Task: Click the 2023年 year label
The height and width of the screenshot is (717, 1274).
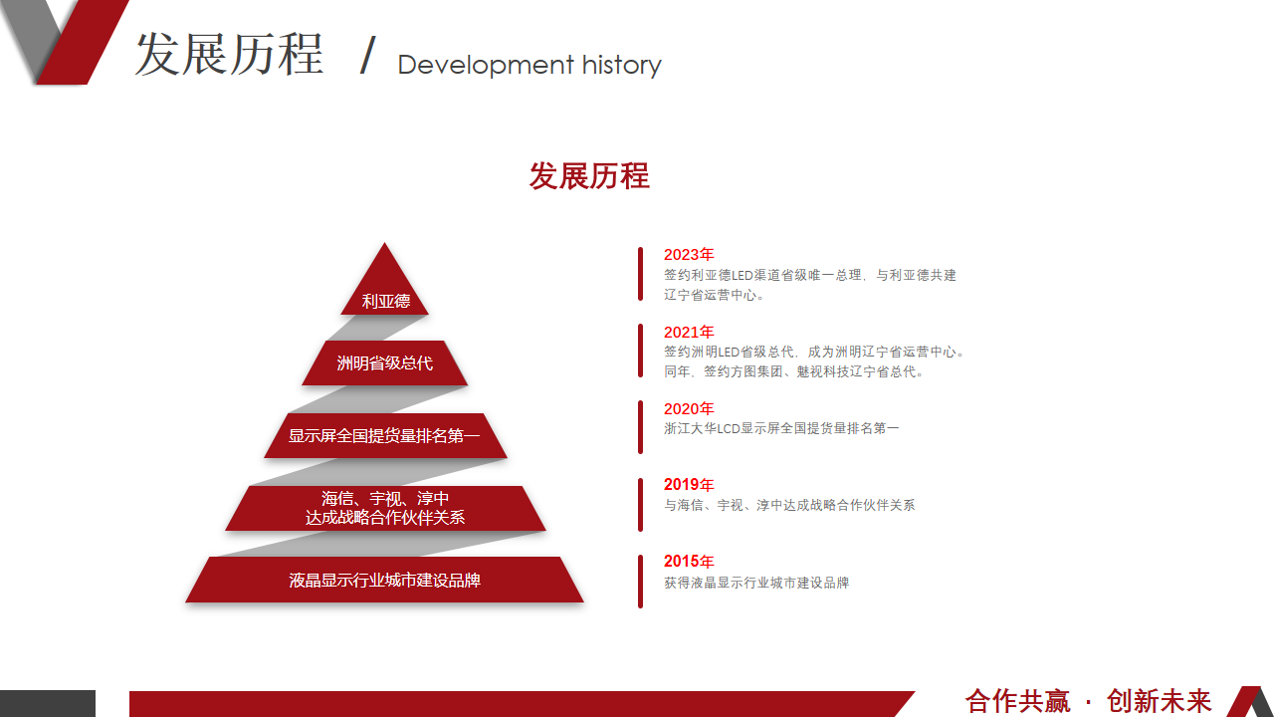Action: [x=689, y=254]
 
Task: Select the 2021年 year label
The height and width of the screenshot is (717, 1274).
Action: [x=689, y=332]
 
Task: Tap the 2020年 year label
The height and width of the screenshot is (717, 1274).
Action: [x=689, y=408]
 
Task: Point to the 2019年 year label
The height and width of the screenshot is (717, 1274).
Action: [x=689, y=485]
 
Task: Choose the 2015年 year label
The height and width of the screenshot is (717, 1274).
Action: [x=689, y=562]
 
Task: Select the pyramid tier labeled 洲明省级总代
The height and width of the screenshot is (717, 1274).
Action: [x=385, y=363]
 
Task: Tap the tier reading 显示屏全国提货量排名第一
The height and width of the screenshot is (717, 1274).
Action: [x=385, y=436]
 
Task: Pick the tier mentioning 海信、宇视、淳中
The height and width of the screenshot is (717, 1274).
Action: [x=385, y=508]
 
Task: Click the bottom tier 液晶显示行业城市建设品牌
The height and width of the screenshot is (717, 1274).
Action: [x=385, y=580]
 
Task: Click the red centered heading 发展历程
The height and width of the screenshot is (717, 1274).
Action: [x=589, y=176]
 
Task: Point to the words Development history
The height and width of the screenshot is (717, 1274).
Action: [x=530, y=66]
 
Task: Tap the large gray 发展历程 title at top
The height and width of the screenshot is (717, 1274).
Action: [x=229, y=54]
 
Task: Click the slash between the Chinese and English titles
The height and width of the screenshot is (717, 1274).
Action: [x=368, y=55]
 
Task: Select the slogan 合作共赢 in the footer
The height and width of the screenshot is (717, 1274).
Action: [x=1017, y=701]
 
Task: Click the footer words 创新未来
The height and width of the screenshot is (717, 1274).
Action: [x=1159, y=701]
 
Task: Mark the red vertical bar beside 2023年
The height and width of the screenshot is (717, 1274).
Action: [x=640, y=274]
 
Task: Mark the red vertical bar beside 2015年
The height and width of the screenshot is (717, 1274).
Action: [x=640, y=582]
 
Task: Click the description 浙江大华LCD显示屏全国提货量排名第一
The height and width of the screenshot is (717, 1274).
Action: [x=781, y=428]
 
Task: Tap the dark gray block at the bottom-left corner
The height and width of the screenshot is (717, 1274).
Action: [x=48, y=703]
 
